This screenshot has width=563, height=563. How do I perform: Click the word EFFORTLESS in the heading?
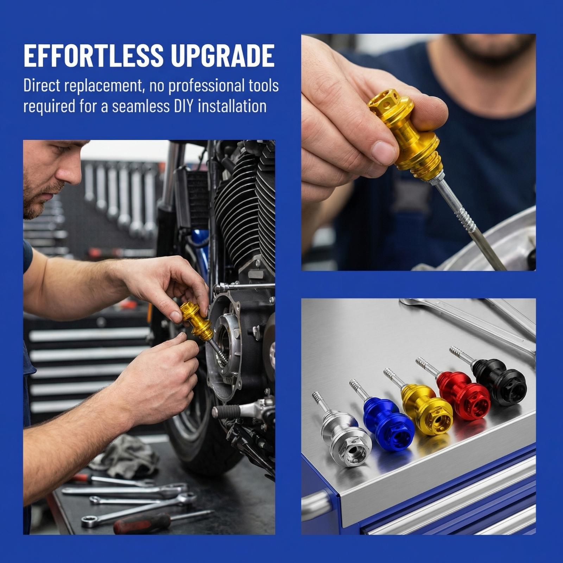pos(94,55)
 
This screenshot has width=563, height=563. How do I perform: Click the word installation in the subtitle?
pos(232,106)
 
